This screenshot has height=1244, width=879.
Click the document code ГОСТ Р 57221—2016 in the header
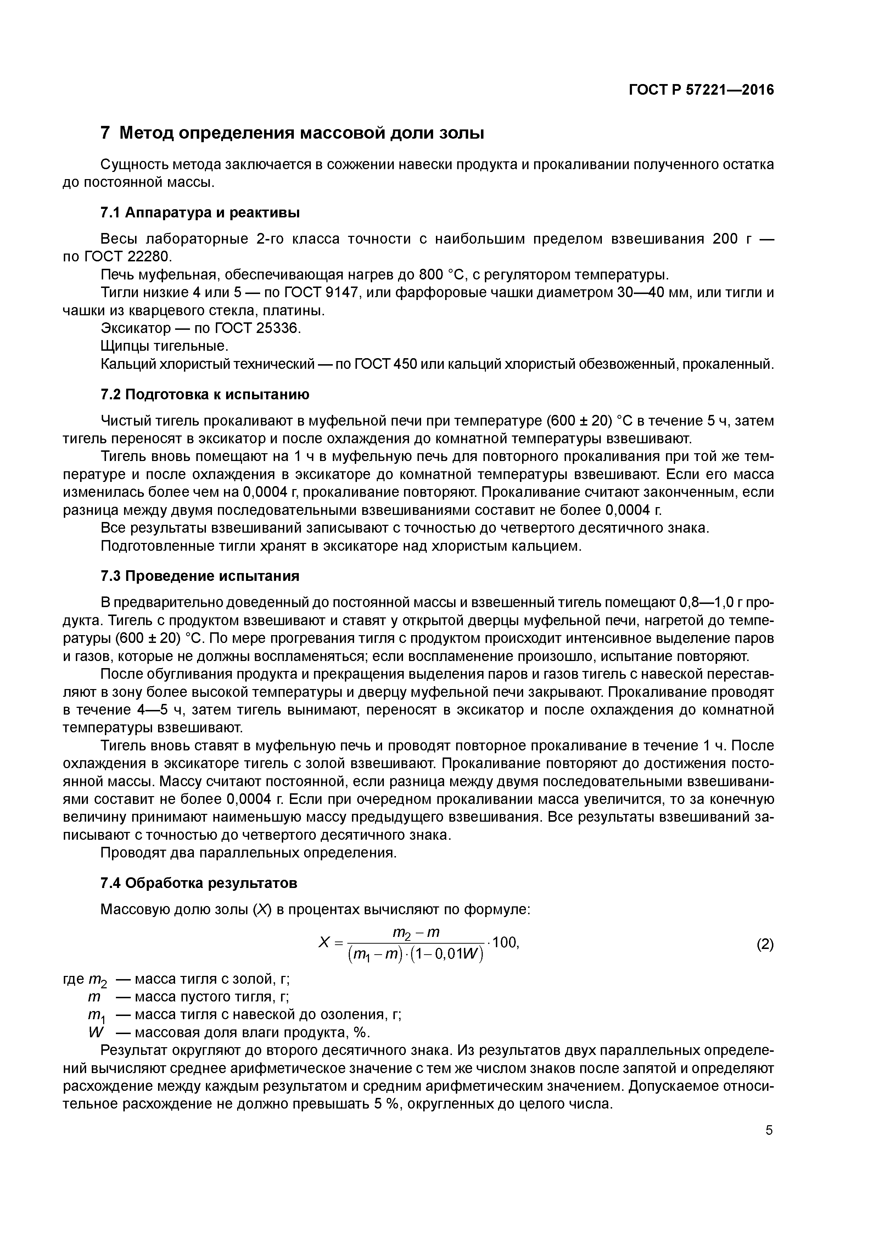pyautogui.click(x=701, y=90)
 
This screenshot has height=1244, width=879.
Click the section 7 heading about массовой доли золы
pyautogui.click(x=292, y=133)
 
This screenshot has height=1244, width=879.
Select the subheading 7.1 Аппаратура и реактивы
pyautogui.click(x=200, y=213)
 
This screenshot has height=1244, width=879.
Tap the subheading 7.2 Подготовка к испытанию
pyautogui.click(x=205, y=395)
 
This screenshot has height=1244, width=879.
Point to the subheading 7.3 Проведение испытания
pyautogui.click(x=200, y=576)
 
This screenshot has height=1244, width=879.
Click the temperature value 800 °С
pyautogui.click(x=442, y=275)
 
